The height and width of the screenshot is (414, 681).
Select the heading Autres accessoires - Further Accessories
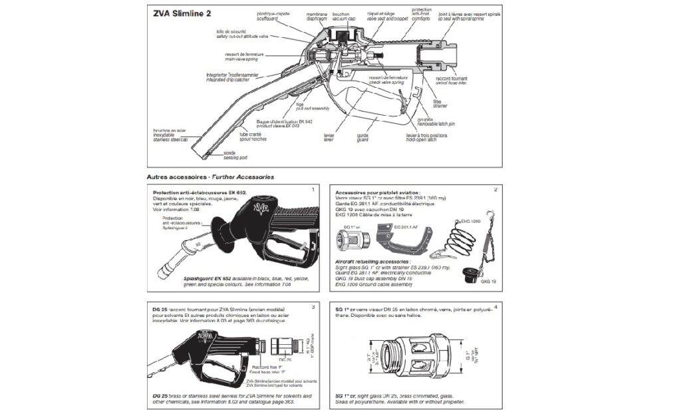(x=210, y=177)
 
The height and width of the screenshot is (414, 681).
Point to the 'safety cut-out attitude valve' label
(x=245, y=36)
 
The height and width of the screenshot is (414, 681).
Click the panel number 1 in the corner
(x=312, y=190)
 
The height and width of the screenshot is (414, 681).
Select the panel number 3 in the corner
(x=312, y=307)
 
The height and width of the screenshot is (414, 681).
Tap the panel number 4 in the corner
(x=493, y=307)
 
